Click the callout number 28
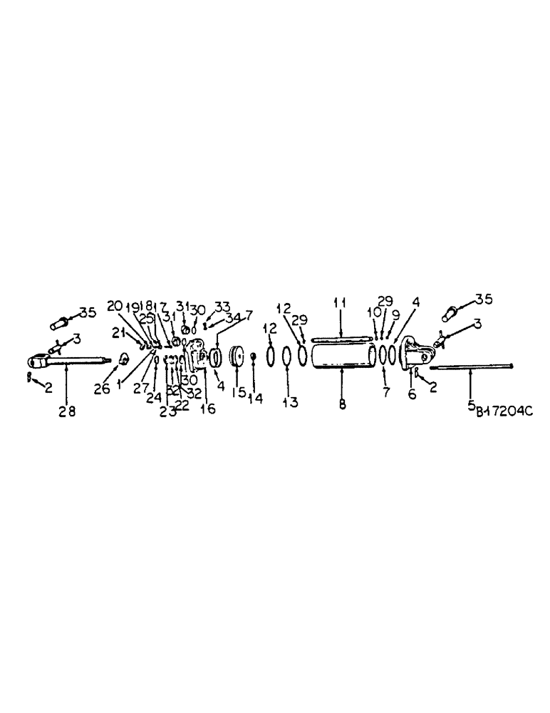(66, 413)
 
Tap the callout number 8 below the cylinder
(343, 404)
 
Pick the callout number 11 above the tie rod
(341, 302)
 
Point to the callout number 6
(412, 393)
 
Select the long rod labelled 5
(470, 367)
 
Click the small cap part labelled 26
(123, 358)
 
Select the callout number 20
(113, 306)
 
